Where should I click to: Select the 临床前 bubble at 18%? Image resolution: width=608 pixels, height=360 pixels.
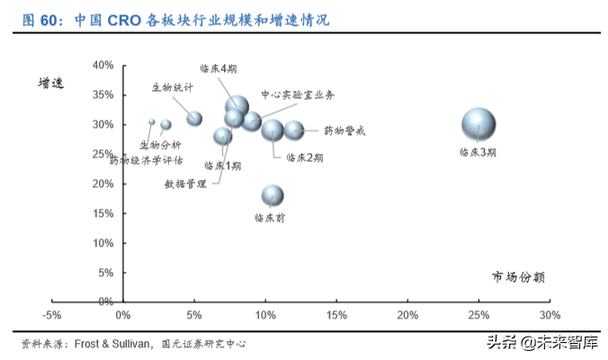pyautogui.click(x=273, y=195)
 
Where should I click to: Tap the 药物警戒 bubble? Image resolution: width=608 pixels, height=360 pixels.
pyautogui.click(x=294, y=130)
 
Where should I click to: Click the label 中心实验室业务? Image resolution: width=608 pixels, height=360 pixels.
pyautogui.click(x=298, y=94)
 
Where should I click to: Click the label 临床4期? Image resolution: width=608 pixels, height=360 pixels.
pyautogui.click(x=219, y=68)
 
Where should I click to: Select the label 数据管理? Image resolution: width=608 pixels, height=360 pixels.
pyautogui.click(x=185, y=184)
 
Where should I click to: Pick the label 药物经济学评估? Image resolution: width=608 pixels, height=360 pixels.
pyautogui.click(x=147, y=160)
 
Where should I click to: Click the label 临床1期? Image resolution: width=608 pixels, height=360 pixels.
pyautogui.click(x=222, y=166)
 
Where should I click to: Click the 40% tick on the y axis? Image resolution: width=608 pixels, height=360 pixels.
pyautogui.click(x=103, y=66)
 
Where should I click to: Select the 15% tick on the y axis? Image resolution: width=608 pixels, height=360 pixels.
pyautogui.click(x=103, y=213)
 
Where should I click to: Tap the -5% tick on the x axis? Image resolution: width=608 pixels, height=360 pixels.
pyautogui.click(x=51, y=315)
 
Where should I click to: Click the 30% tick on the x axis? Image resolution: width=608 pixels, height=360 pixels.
pyautogui.click(x=550, y=315)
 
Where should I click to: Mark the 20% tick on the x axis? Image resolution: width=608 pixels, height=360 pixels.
pyautogui.click(x=407, y=315)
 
